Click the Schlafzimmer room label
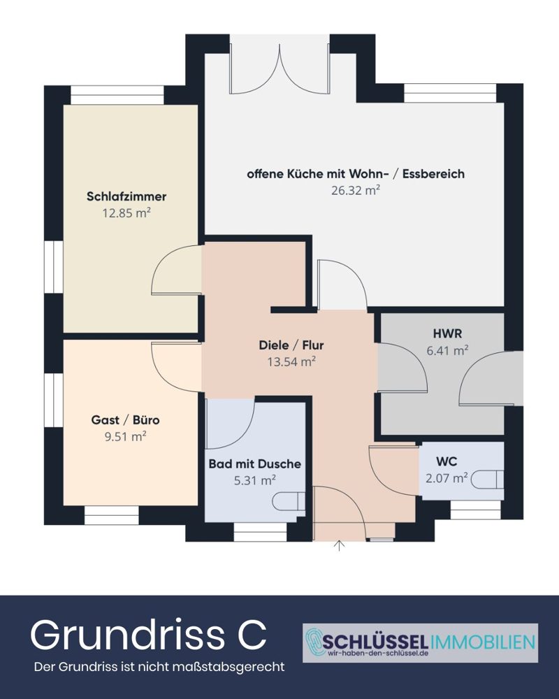[126, 196]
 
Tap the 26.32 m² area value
[355, 189]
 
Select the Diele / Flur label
[291, 345]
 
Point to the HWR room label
[442, 334]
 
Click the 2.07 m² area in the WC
[446, 478]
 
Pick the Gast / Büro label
[126, 420]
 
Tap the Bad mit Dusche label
[254, 463]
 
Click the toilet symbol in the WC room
[490, 479]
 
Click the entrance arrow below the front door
[340, 545]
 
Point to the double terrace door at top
[279, 70]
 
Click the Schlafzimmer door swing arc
[175, 269]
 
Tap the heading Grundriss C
[148, 635]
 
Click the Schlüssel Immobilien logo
[420, 642]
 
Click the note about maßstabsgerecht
[159, 667]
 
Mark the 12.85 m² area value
[126, 212]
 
